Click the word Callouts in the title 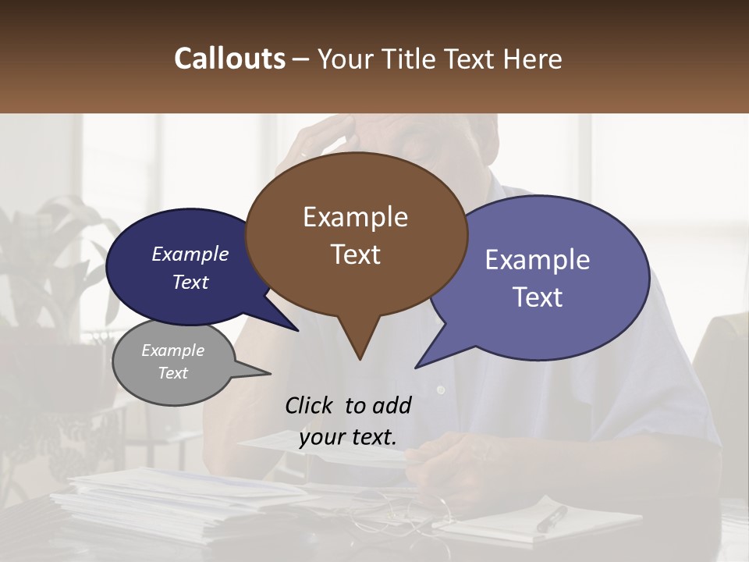coord(229,59)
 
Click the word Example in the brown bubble coord(355,217)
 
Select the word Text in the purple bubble coord(538,297)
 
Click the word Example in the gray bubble coord(173,350)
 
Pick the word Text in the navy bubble coord(190,282)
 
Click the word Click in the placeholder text coord(310,405)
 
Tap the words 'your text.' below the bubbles coord(348,437)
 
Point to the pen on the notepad coord(552,518)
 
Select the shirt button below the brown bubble coord(441,389)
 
